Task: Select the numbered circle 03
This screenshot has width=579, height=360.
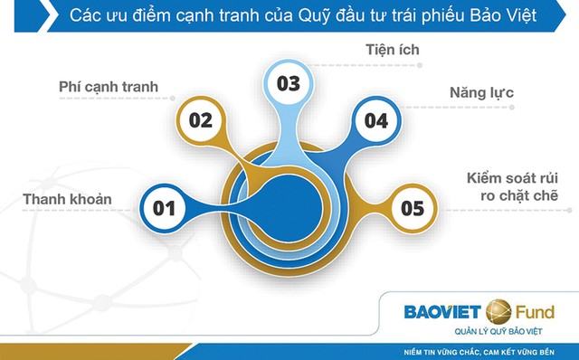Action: coord(288,84)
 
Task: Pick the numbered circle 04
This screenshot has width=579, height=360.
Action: coord(376,118)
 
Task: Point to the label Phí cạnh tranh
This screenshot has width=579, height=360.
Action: coord(109,88)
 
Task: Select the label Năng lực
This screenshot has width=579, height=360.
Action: coord(481,92)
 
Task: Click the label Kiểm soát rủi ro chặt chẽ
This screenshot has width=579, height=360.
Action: coord(512,185)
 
